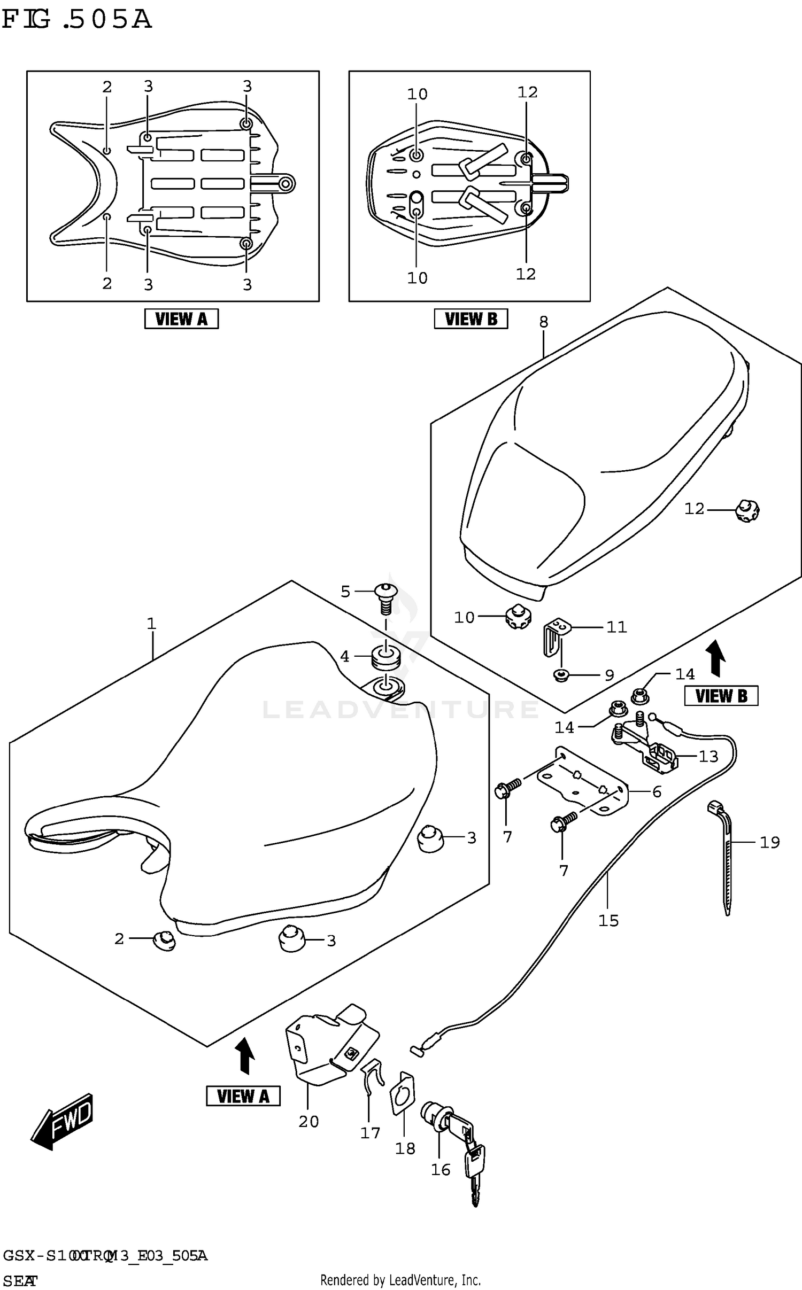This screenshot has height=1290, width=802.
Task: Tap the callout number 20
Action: click(x=309, y=1122)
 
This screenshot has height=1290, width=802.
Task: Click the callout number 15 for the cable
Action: click(x=608, y=920)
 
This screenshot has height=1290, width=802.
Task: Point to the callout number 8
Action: click(x=543, y=322)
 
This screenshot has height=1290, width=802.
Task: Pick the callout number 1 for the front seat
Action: click(x=151, y=623)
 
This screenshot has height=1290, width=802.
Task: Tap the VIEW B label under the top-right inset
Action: click(x=471, y=319)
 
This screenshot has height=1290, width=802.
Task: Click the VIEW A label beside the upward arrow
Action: click(x=243, y=1096)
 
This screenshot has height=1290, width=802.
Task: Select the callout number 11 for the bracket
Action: click(x=616, y=627)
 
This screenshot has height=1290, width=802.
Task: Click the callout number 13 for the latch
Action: click(x=708, y=756)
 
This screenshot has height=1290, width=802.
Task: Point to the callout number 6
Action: click(x=657, y=791)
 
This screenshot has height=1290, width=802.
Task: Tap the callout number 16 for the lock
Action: click(x=441, y=1170)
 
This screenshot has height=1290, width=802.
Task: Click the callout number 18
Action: click(x=405, y=1148)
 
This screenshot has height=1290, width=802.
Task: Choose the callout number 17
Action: click(x=370, y=1132)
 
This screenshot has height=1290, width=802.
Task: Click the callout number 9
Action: click(x=610, y=675)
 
